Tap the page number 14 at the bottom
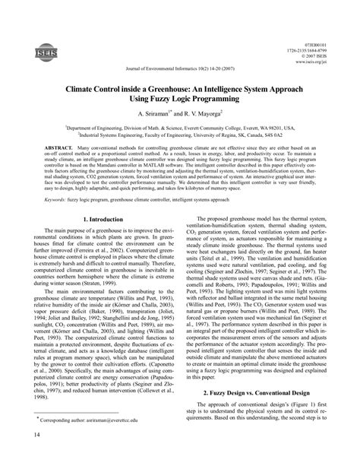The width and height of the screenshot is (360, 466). (28, 455)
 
